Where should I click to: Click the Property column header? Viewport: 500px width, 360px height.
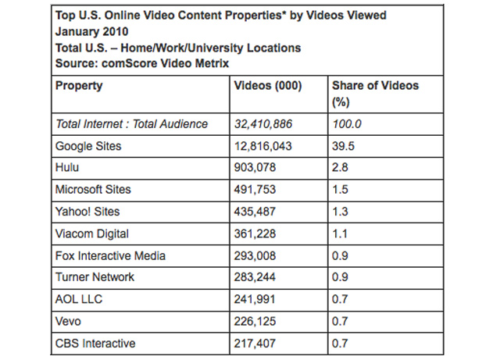78,85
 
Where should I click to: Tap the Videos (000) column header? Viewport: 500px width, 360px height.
268,85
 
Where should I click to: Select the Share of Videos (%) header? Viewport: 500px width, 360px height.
375,92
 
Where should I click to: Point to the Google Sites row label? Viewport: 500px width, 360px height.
87,145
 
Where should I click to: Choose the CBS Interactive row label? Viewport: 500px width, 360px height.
95,343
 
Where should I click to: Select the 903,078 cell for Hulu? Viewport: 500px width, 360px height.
256,167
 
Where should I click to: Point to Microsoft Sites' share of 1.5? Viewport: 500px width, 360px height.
341,189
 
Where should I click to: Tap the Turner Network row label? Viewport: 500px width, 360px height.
95,277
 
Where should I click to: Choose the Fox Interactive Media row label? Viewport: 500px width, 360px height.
110,255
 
